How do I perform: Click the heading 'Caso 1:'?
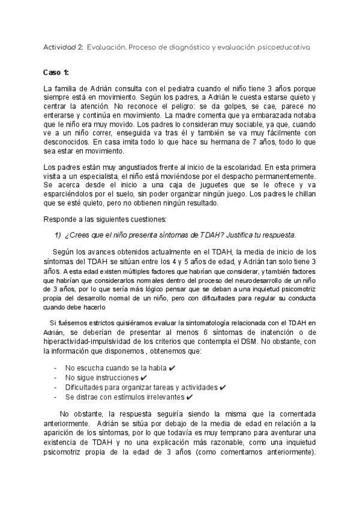[x=57, y=72]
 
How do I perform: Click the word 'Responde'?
[x=62, y=220]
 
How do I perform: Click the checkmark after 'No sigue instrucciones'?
[x=144, y=378]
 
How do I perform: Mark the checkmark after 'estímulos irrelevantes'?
[x=190, y=397]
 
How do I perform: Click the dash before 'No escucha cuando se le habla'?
[x=56, y=368]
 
